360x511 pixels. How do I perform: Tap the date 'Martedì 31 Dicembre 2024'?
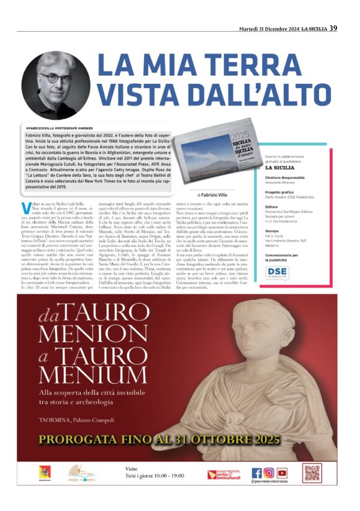269,29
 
